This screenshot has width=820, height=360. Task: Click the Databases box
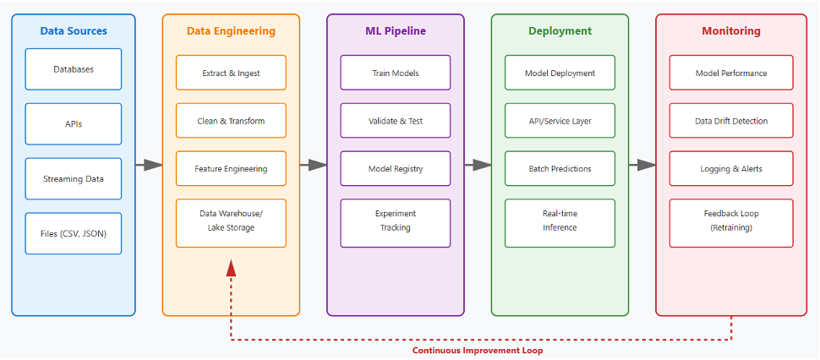(x=74, y=69)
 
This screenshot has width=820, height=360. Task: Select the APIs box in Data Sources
(x=74, y=124)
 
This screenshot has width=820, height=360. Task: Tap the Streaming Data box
(x=74, y=178)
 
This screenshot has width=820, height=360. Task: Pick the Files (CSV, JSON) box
(x=74, y=233)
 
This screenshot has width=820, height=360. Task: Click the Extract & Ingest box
(x=231, y=73)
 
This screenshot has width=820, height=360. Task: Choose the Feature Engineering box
(x=231, y=169)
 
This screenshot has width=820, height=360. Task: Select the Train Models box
(x=396, y=73)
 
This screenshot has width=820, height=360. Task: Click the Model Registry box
(x=396, y=169)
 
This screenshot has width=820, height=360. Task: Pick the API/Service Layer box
(x=560, y=121)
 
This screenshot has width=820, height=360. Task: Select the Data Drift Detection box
(x=731, y=121)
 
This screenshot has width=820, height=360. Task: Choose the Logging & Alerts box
(x=731, y=169)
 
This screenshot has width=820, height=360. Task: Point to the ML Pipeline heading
(x=396, y=30)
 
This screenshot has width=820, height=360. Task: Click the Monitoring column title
(x=731, y=30)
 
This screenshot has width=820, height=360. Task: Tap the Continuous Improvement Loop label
(x=478, y=351)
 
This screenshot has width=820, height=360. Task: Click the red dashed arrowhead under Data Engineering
(x=231, y=268)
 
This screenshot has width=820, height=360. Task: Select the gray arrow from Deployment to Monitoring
(x=642, y=165)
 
